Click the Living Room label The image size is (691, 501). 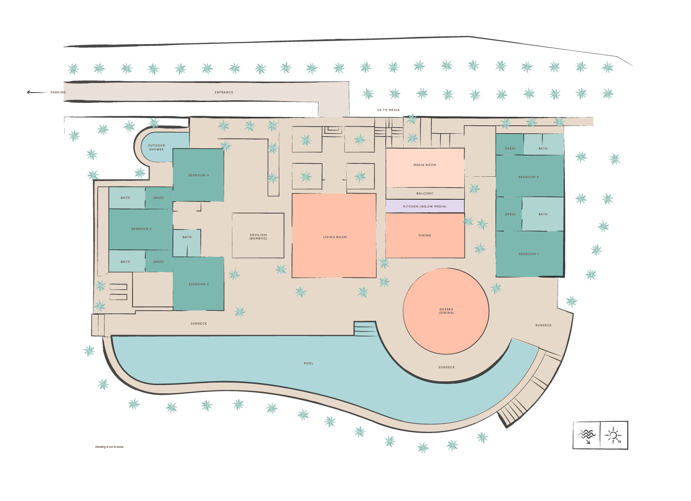tap(335, 237)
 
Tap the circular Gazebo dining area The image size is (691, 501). tap(446, 311)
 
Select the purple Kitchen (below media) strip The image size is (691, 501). tap(425, 206)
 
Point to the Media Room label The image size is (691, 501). tap(425, 165)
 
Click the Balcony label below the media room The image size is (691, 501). tap(425, 193)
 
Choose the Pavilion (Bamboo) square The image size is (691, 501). tap(258, 236)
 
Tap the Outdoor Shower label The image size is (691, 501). tap(156, 147)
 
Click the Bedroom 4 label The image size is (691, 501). tap(199, 175)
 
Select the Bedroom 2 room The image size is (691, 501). tap(199, 284)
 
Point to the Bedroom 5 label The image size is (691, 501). tap(141, 229)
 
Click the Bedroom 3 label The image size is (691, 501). tap(529, 177)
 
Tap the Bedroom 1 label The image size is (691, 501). tap(529, 254)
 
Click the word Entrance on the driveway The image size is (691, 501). tap(224, 92)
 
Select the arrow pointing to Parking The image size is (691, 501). tap(36, 92)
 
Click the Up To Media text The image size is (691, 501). tap(388, 110)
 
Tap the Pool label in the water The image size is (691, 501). tap(308, 363)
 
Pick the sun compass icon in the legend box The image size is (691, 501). tap(613, 435)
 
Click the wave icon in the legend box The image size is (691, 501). tap(586, 435)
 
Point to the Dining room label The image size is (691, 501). tap(425, 235)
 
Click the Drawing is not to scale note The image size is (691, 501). tap(109, 447)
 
